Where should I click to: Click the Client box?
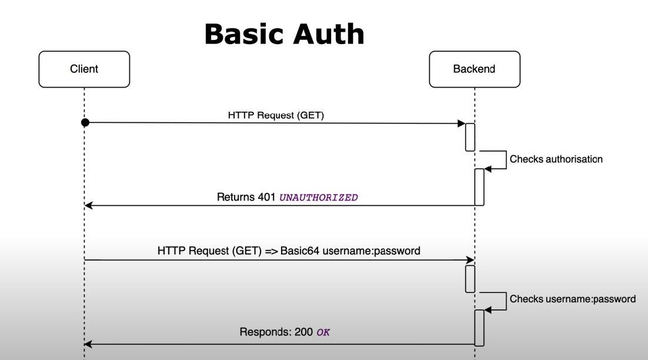(84, 69)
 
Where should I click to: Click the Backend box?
(474, 69)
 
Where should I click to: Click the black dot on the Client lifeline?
(85, 122)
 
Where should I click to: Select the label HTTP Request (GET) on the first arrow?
(276, 115)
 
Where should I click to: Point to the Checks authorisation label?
(556, 159)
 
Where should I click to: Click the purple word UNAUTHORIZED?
(318, 198)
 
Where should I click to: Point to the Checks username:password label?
(572, 299)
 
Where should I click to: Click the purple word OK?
(323, 332)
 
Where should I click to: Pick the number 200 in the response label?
(303, 332)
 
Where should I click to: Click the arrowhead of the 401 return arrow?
(88, 205)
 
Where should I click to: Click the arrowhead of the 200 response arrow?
(88, 344)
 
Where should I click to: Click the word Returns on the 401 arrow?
(236, 197)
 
